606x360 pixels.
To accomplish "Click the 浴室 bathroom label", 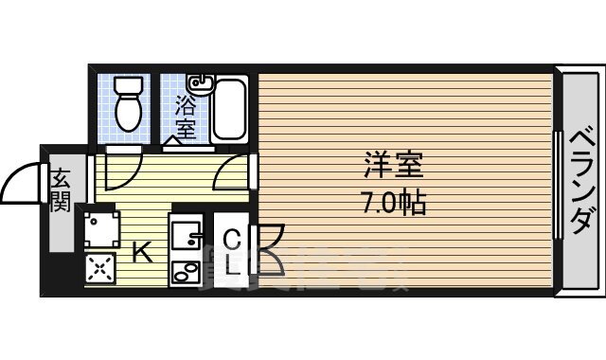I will (185, 115).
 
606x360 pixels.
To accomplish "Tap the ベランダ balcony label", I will (581, 182).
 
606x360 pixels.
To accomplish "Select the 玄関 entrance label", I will (61, 189).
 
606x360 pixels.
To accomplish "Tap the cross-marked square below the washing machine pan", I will (99, 269).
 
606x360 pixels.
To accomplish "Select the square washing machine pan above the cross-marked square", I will (100, 229).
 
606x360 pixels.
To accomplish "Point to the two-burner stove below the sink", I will (186, 270).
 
